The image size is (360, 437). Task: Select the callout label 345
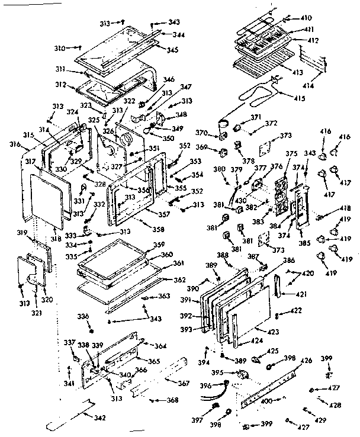pyautogui.click(x=172, y=50)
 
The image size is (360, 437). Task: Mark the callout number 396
pyautogui.click(x=205, y=386)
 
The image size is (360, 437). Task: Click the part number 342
pyautogui.click(x=99, y=419)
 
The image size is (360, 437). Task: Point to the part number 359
pyautogui.click(x=159, y=245)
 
